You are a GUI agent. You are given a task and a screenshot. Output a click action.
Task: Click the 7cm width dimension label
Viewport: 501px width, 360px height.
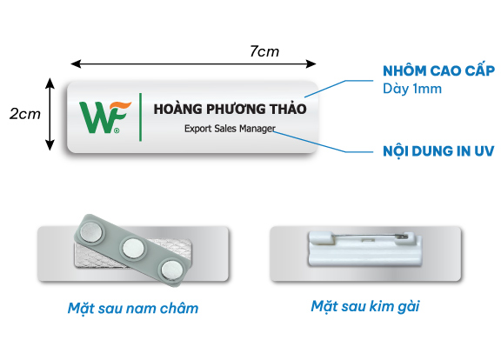(264, 51)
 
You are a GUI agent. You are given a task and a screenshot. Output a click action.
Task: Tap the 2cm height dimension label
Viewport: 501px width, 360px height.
(25, 114)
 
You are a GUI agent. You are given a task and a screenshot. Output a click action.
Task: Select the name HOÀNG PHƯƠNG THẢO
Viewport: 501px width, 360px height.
(230, 109)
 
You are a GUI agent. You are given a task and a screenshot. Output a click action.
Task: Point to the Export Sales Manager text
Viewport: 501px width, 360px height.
(230, 129)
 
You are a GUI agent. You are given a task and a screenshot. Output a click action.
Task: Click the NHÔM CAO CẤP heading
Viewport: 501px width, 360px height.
(438, 70)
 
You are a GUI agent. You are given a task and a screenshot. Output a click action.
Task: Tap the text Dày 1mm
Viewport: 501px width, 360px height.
(412, 89)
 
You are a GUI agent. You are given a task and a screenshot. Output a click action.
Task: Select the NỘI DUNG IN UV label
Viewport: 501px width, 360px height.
(438, 150)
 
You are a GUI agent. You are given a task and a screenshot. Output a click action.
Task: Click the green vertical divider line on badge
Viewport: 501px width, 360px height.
(140, 117)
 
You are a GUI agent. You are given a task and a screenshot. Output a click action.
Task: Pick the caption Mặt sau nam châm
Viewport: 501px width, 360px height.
(133, 308)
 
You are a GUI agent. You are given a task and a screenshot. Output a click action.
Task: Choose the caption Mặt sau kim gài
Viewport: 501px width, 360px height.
(365, 306)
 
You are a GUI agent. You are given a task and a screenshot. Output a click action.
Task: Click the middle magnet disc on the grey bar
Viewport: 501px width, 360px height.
(133, 248)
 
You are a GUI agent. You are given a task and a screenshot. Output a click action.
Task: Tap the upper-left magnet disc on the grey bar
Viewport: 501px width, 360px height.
(91, 230)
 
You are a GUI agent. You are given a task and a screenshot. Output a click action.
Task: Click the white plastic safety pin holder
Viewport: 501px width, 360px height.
(365, 250)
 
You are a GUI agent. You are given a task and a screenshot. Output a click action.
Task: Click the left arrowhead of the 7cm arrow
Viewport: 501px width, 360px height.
(76, 63)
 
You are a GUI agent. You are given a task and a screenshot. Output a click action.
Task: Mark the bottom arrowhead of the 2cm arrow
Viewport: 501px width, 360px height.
(50, 145)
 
